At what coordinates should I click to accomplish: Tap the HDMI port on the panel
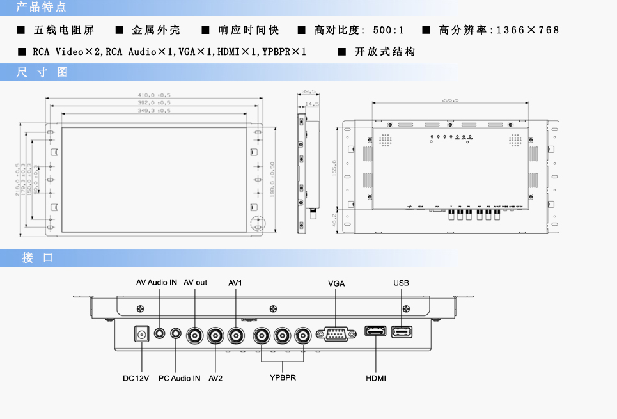tap(375, 331)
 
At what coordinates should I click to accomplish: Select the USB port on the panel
tap(402, 331)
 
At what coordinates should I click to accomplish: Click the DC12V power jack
tap(141, 334)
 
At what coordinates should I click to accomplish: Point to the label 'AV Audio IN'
tap(157, 282)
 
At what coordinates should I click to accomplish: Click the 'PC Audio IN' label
tap(179, 379)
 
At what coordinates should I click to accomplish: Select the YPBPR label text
tap(283, 377)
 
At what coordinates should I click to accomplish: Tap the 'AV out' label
tap(196, 282)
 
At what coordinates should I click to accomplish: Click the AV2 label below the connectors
tap(215, 379)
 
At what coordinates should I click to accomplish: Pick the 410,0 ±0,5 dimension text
tap(155, 95)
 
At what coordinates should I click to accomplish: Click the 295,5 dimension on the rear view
tap(450, 100)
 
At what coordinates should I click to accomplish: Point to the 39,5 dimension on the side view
tap(309, 91)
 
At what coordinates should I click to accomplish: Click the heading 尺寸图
tap(42, 72)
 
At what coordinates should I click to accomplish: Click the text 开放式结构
tap(385, 51)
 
